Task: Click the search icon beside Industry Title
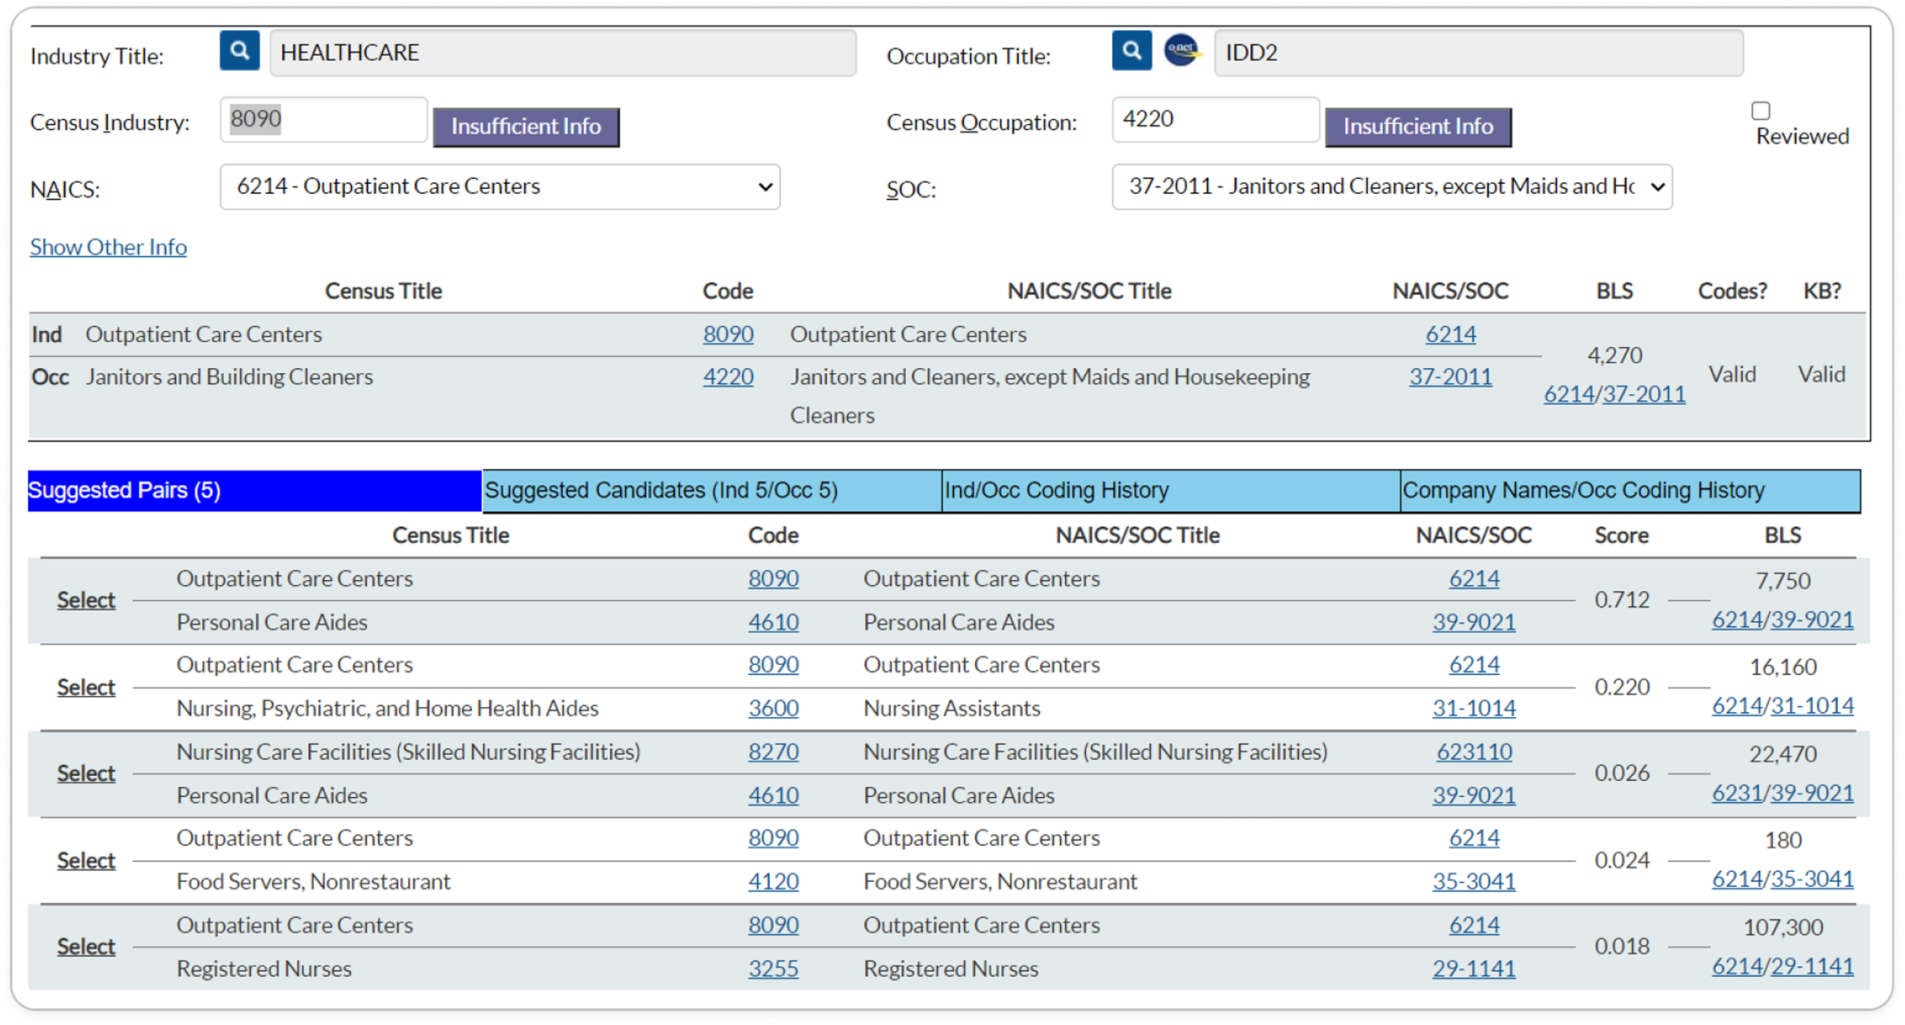(x=239, y=50)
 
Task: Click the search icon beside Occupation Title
(x=1132, y=50)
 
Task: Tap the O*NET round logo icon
(x=1182, y=50)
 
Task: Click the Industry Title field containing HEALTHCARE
(x=563, y=52)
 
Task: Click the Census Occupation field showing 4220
(x=1215, y=119)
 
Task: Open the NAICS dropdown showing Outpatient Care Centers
(x=500, y=186)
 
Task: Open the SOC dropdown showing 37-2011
(x=1392, y=186)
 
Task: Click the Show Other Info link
(x=108, y=246)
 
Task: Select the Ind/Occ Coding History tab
(x=1171, y=490)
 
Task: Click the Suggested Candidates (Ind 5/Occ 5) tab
(x=712, y=490)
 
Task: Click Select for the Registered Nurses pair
(x=86, y=947)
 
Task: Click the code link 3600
(x=773, y=708)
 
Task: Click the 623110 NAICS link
(x=1474, y=751)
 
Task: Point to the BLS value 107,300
(x=1783, y=927)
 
